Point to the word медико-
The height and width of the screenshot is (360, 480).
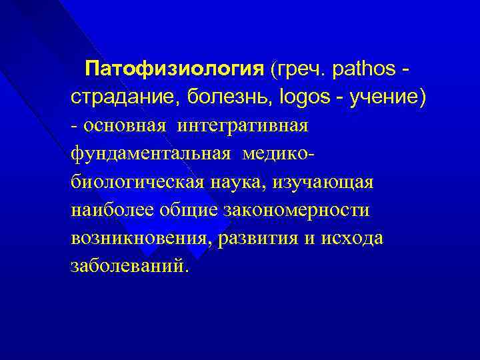(x=279, y=154)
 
